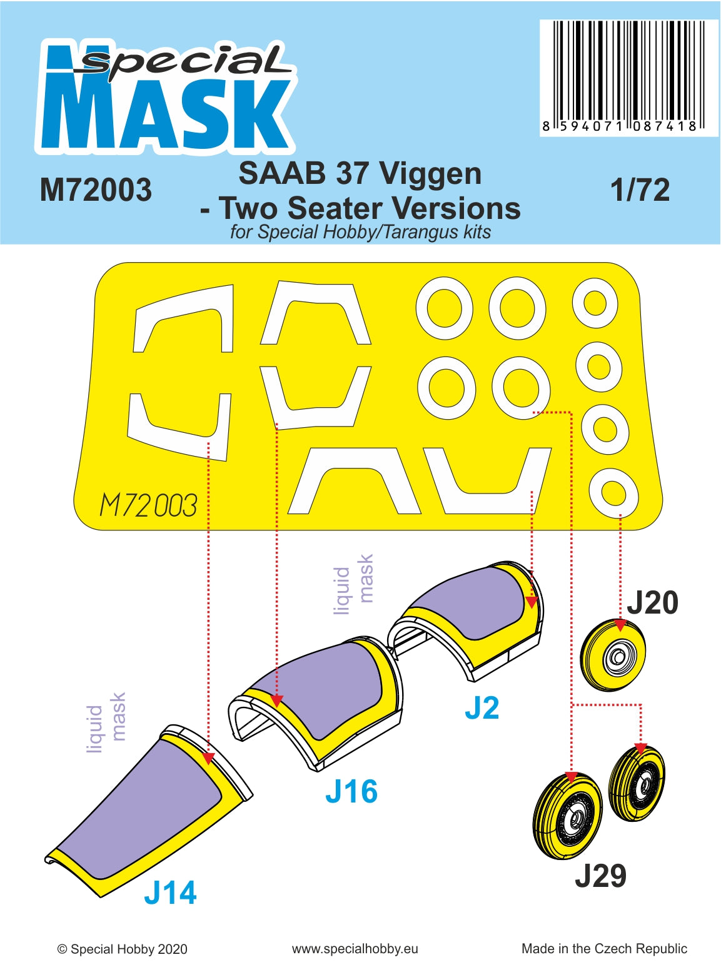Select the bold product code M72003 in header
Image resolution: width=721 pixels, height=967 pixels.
point(96,190)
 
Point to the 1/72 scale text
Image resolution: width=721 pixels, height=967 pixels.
point(640,190)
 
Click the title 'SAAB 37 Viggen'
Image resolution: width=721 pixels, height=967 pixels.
point(360,174)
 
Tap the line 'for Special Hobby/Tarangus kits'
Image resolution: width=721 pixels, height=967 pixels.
point(360,232)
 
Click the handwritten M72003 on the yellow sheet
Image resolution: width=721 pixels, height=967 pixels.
point(148,505)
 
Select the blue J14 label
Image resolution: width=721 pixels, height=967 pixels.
point(170,893)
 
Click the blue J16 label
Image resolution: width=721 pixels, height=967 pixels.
point(351,792)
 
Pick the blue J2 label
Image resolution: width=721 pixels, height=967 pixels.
point(482,708)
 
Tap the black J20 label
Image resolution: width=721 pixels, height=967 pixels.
point(652,603)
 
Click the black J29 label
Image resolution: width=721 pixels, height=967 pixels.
point(600,876)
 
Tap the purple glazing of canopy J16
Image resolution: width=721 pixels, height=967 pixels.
point(325,688)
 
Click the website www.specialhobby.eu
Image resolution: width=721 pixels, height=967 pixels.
point(355,949)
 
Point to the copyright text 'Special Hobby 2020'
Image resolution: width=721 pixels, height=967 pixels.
point(123,949)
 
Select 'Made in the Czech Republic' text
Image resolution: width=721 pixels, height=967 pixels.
point(604,949)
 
